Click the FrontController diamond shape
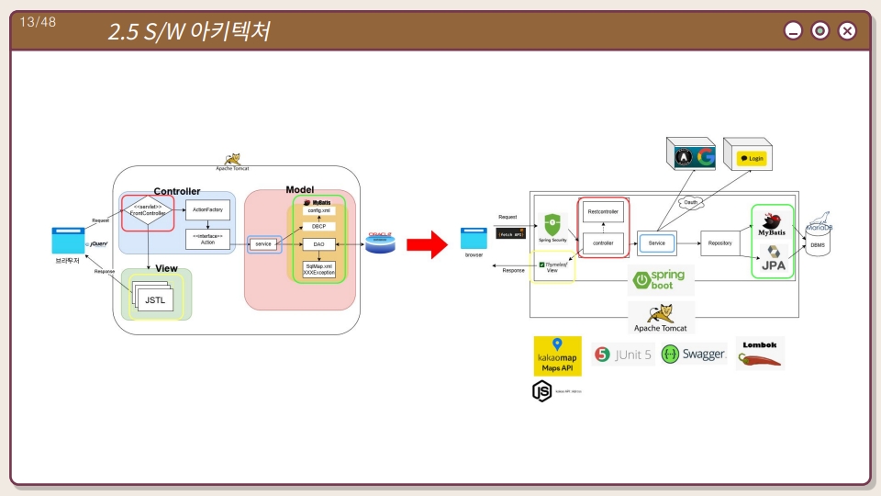tap(148, 210)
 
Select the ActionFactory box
tap(207, 209)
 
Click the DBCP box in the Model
tap(318, 226)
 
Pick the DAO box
tap(318, 244)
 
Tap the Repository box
tap(719, 242)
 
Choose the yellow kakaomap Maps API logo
tap(557, 355)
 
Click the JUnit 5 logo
tap(624, 355)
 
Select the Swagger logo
tap(693, 355)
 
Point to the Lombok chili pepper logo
tap(759, 354)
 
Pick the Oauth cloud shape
tap(690, 203)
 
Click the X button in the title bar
tap(847, 31)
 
